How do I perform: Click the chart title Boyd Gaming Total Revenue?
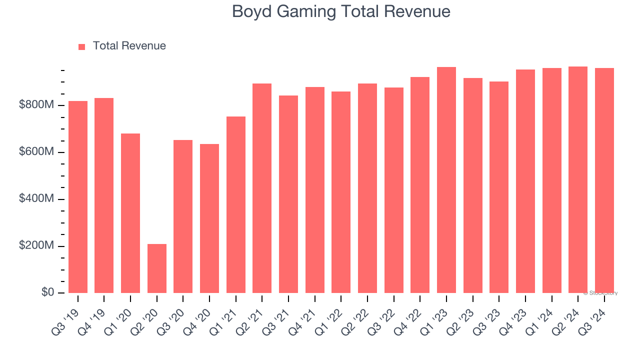pyautogui.click(x=341, y=11)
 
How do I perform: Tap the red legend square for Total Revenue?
pyautogui.click(x=82, y=46)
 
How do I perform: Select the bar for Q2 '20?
pyautogui.click(x=157, y=268)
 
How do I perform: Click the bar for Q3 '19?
pyautogui.click(x=78, y=197)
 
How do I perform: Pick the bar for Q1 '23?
pyautogui.click(x=446, y=180)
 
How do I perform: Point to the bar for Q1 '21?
pyautogui.click(x=236, y=204)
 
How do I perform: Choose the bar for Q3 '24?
pyautogui.click(x=604, y=180)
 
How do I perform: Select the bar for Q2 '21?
pyautogui.click(x=262, y=188)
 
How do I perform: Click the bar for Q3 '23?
pyautogui.click(x=499, y=187)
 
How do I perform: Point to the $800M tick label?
pyautogui.click(x=36, y=105)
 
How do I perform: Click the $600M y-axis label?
pyautogui.click(x=36, y=152)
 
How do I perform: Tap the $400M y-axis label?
pyautogui.click(x=36, y=199)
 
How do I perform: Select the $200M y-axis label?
pyautogui.click(x=36, y=246)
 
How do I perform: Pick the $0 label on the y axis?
pyautogui.click(x=48, y=292)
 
